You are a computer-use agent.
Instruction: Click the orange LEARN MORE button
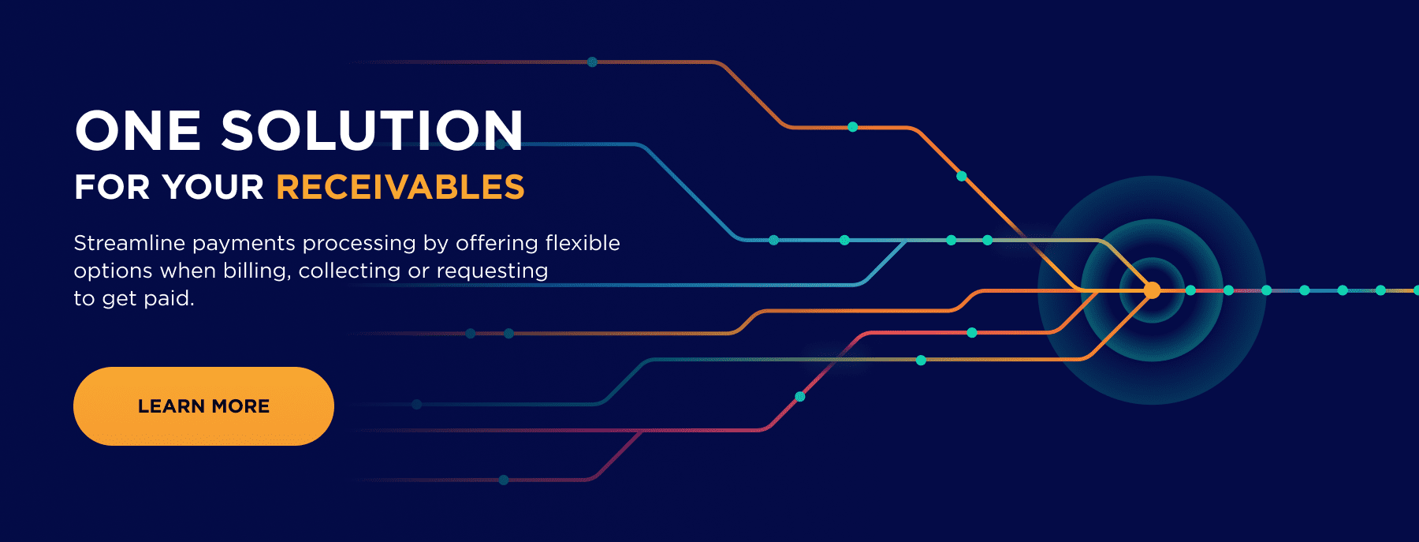coord(203,406)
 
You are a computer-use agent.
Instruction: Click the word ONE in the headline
coord(138,130)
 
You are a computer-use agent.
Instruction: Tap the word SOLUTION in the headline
coord(372,130)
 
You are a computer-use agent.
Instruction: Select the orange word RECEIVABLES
coord(400,188)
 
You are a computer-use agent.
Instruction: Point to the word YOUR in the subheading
coord(213,188)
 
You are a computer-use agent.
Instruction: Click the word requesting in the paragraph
coord(492,271)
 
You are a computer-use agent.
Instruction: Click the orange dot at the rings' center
coord(1153,290)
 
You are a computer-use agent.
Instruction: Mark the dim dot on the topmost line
coord(592,62)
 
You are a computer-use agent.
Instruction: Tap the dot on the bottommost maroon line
coord(504,480)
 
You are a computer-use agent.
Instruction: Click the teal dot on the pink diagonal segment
coord(800,397)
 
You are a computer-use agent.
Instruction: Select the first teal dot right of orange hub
coord(1190,290)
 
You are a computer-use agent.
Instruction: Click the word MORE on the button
coord(240,406)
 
